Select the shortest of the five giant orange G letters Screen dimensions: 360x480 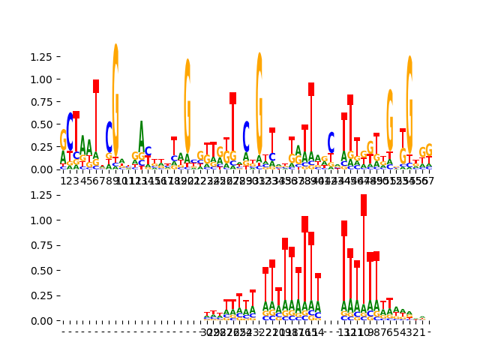(390, 120)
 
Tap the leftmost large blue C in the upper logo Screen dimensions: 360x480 (70, 131)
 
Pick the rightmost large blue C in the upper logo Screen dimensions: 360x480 (331, 142)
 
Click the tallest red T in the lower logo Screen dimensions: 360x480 (364, 206)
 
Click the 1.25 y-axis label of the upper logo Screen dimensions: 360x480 (37, 57)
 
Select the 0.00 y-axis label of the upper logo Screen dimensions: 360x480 (37, 169)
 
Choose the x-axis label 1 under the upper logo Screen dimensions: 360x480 (63, 181)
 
